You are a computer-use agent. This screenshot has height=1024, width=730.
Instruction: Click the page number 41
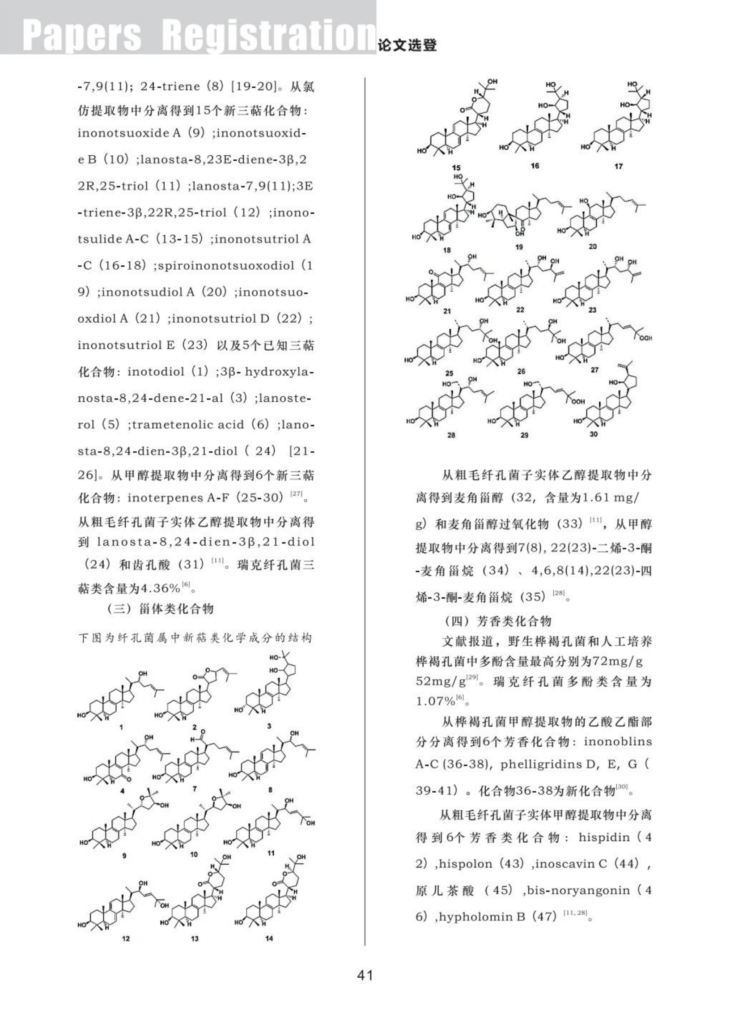(365, 975)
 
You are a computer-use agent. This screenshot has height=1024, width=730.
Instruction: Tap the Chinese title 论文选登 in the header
(407, 45)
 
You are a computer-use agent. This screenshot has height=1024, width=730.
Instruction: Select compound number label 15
(457, 168)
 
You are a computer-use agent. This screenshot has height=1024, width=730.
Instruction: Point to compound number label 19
(519, 247)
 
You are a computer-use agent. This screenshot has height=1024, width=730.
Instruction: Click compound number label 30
(594, 434)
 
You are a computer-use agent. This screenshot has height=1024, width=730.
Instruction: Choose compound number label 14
(269, 938)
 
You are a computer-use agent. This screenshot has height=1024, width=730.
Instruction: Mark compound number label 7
(194, 788)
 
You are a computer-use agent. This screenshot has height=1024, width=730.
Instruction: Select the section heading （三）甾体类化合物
(160, 609)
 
